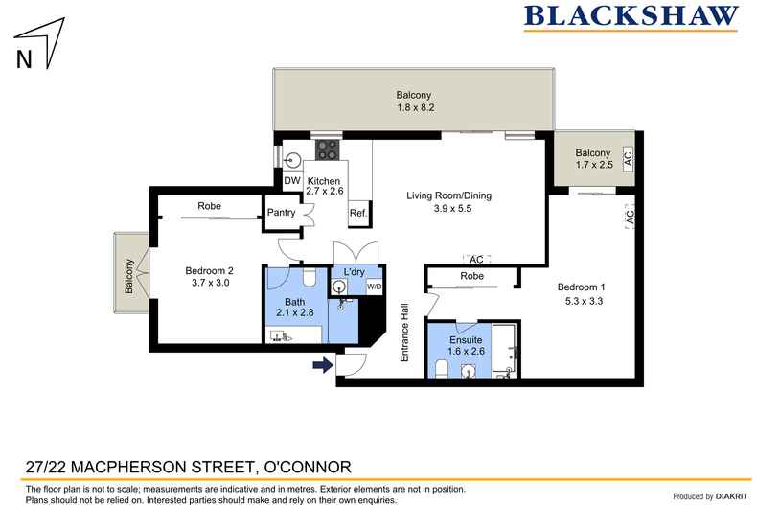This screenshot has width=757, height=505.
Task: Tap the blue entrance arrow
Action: pyautogui.click(x=322, y=363)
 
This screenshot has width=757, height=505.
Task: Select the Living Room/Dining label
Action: pyautogui.click(x=448, y=195)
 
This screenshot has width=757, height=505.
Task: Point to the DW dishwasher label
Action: pyautogui.click(x=291, y=181)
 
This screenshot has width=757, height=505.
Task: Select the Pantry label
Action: pyautogui.click(x=281, y=213)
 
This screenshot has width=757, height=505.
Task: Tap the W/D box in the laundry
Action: pyautogui.click(x=373, y=287)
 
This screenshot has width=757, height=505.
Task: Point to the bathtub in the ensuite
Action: pyautogui.click(x=504, y=349)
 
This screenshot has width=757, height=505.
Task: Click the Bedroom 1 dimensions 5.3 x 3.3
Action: pyautogui.click(x=584, y=301)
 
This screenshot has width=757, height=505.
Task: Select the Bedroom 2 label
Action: pyautogui.click(x=209, y=270)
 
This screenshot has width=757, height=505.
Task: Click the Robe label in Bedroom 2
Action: pyautogui.click(x=209, y=206)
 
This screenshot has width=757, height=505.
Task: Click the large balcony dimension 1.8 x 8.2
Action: pyautogui.click(x=415, y=109)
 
